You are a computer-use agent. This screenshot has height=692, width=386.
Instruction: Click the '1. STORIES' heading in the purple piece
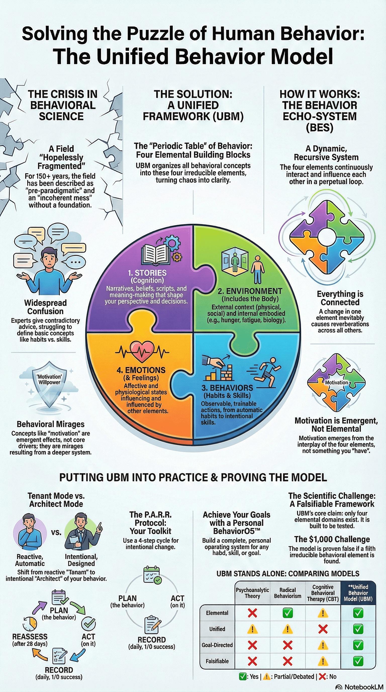[x=147, y=273]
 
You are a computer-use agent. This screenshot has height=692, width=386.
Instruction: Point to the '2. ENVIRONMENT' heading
[x=250, y=291]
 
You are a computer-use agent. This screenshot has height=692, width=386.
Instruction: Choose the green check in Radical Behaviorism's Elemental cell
[x=287, y=613]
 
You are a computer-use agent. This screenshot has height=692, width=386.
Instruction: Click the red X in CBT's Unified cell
[x=323, y=629]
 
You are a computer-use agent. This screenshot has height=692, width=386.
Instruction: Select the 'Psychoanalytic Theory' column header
[x=252, y=593]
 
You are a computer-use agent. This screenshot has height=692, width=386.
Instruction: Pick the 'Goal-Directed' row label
[x=217, y=645]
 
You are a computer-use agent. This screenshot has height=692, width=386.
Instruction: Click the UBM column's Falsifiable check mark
[x=358, y=661]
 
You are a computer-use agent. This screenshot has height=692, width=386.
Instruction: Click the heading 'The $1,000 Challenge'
[x=332, y=539]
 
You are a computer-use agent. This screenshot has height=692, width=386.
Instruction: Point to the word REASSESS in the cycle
[x=30, y=637]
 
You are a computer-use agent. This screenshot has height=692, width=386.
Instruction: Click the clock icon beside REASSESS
[x=30, y=624]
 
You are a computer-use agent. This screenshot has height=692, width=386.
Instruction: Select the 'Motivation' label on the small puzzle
[x=336, y=382]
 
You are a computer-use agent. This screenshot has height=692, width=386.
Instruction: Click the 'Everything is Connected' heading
[x=340, y=298]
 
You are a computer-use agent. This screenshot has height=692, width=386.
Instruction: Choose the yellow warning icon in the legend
[x=267, y=676]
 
